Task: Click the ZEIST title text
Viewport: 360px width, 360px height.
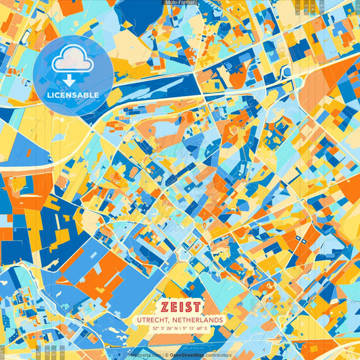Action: coord(180,306)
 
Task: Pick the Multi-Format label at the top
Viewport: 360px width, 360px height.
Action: coord(180,3)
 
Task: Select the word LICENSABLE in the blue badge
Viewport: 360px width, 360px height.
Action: coord(72,95)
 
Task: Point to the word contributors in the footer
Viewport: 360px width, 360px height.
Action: coord(217,355)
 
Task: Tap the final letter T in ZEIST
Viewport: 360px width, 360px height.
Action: coord(197,306)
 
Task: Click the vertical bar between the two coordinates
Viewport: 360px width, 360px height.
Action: coord(181,328)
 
